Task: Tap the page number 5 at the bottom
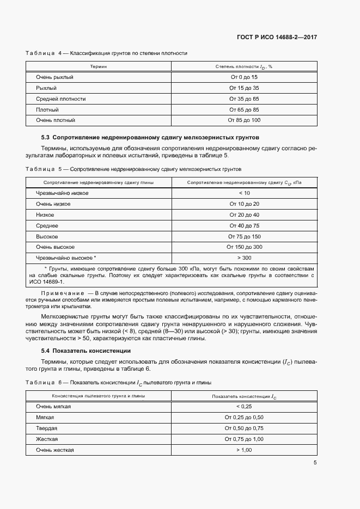(x=315, y=463)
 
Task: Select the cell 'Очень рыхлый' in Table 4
(x=54, y=77)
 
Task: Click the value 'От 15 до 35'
(x=244, y=88)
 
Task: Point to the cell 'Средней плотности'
(x=60, y=99)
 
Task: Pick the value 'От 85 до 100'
(x=244, y=120)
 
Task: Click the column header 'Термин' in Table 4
(x=99, y=66)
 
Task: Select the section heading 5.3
(x=150, y=137)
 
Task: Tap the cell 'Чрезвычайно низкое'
(x=62, y=193)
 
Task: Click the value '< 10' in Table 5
(x=244, y=193)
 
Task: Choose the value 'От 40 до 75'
(x=244, y=225)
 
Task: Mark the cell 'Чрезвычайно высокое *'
(x=65, y=257)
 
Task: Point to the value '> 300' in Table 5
(x=244, y=257)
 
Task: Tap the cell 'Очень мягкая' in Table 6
(x=53, y=407)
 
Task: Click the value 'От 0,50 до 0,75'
(x=244, y=428)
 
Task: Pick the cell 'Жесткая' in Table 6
(x=47, y=439)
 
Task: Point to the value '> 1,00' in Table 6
(x=244, y=450)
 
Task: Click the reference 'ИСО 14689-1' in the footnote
(x=48, y=282)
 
